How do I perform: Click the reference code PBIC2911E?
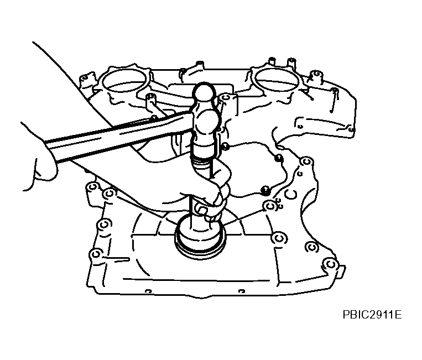coord(372,314)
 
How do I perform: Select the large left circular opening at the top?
coord(124,80)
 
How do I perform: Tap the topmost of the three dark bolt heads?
coord(225,147)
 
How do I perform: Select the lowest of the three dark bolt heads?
coord(265,190)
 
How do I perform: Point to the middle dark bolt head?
coord(279,158)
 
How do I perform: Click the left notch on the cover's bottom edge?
coord(148,291)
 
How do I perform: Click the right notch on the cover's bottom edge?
coord(242,291)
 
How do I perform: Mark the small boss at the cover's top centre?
coord(200,65)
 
